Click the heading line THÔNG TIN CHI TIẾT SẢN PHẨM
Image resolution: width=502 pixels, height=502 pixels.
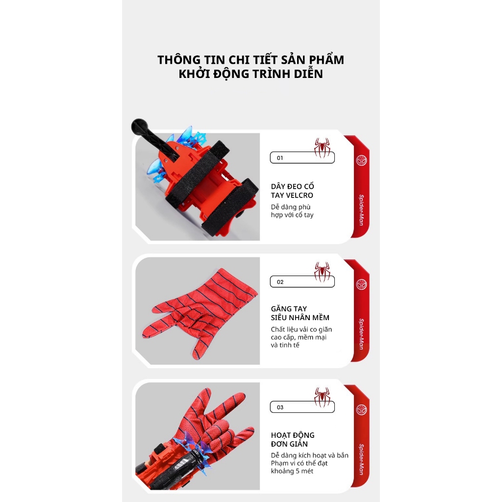pyautogui.click(x=251, y=60)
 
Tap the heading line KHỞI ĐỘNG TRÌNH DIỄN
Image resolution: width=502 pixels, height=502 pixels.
pyautogui.click(x=251, y=74)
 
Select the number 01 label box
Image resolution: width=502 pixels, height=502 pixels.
pyautogui.click(x=302, y=157)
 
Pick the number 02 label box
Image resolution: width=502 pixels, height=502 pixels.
pyautogui.click(x=302, y=282)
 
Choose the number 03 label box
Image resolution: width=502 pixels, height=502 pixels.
pyautogui.click(x=302, y=407)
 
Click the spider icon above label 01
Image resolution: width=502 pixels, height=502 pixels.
pyautogui.click(x=322, y=148)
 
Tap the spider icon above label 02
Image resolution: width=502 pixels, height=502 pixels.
pyautogui.click(x=322, y=272)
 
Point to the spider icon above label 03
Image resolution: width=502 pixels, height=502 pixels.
pyautogui.click(x=322, y=397)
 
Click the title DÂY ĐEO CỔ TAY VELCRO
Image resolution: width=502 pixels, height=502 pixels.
pyautogui.click(x=292, y=191)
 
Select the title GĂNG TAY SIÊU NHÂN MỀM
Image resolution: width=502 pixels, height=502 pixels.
pyautogui.click(x=300, y=313)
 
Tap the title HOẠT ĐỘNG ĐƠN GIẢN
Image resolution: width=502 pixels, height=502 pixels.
pyautogui.click(x=293, y=440)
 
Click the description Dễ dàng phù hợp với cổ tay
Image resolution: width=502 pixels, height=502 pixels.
pyautogui.click(x=292, y=211)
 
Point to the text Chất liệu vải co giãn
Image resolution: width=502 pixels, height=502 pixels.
pyautogui.click(x=301, y=329)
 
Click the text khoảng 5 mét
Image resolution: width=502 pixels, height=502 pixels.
pyautogui.click(x=292, y=471)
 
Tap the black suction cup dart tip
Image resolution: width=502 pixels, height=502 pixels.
pyautogui.click(x=139, y=126)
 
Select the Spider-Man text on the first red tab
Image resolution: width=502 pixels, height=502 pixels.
pyautogui.click(x=361, y=210)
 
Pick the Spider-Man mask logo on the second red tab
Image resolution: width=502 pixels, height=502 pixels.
pyautogui.click(x=362, y=284)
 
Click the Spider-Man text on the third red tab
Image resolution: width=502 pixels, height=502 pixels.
pyautogui.click(x=361, y=459)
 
